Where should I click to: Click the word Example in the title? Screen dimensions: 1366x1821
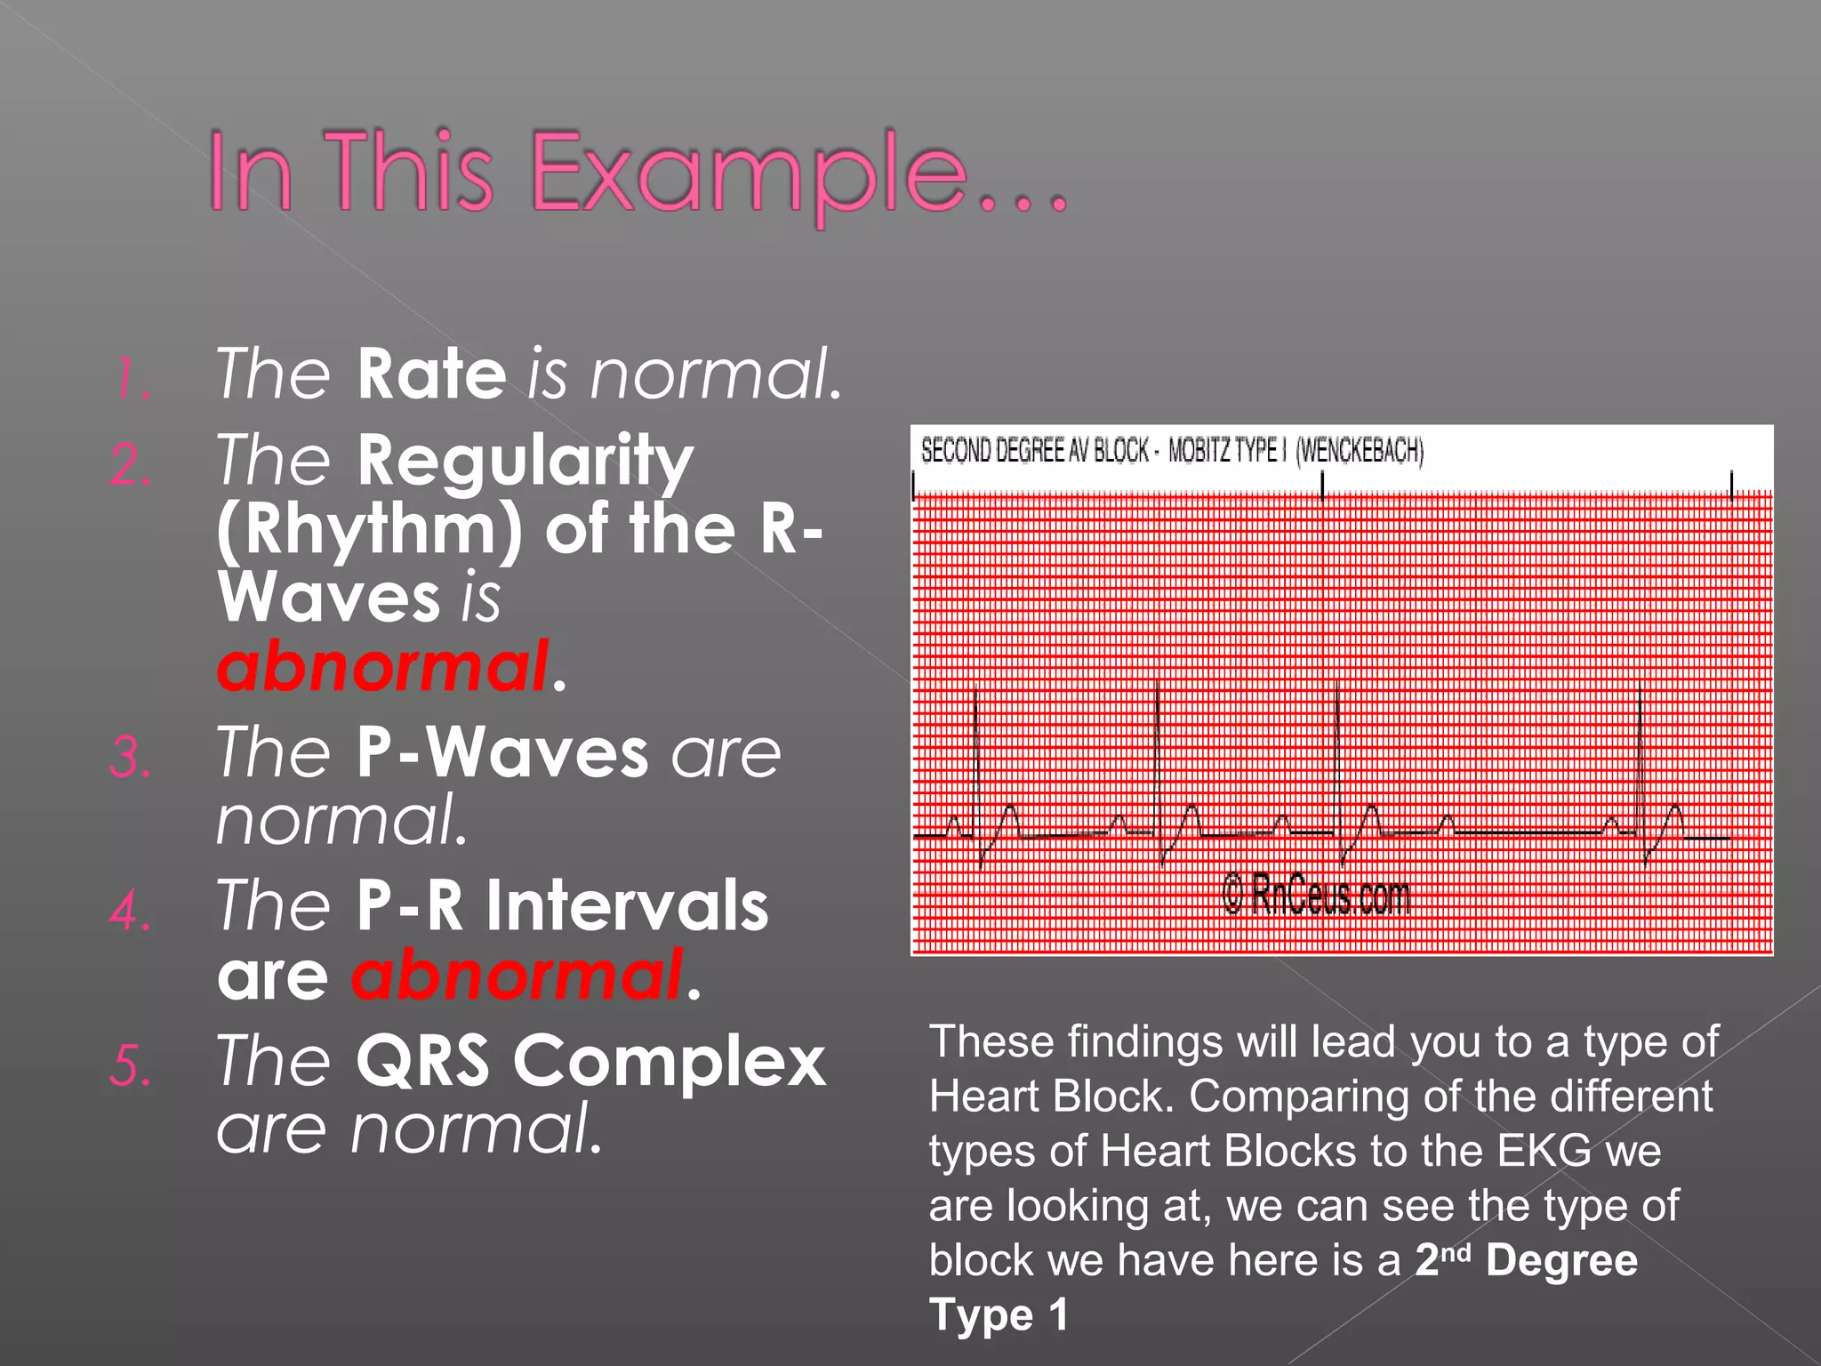click(x=749, y=172)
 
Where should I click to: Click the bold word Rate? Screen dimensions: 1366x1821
click(x=432, y=374)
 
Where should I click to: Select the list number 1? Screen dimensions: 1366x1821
click(x=132, y=379)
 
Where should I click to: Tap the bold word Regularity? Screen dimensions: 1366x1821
click(x=525, y=462)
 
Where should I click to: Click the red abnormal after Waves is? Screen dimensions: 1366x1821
click(x=382, y=667)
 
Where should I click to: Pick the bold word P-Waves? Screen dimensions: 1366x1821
click(x=502, y=753)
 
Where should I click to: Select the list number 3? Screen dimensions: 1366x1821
click(x=131, y=759)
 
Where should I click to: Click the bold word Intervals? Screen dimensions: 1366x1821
click(x=627, y=906)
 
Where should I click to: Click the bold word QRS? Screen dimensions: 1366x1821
click(x=422, y=1061)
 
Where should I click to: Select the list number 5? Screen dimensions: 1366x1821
click(x=131, y=1066)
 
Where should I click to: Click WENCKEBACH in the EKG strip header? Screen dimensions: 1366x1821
click(x=1360, y=451)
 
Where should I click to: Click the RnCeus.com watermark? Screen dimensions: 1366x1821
click(x=1316, y=895)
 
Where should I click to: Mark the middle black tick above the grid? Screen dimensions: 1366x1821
click(x=1322, y=486)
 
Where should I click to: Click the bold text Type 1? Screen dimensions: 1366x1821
click(x=998, y=1315)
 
